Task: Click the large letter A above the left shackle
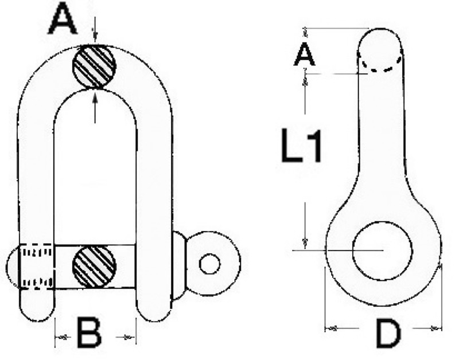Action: tap(63, 18)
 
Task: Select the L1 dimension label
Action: tap(302, 145)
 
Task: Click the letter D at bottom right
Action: tap(388, 334)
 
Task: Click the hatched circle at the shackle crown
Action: tap(95, 66)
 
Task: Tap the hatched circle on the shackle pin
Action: tap(94, 266)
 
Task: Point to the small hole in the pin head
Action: tap(209, 264)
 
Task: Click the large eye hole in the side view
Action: tap(383, 251)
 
